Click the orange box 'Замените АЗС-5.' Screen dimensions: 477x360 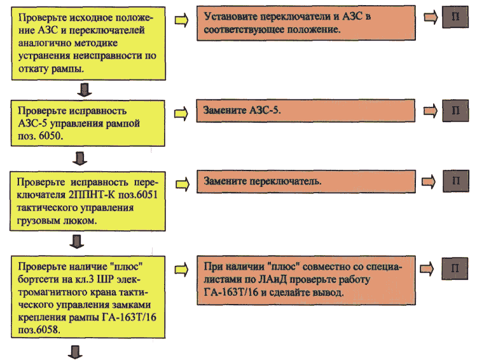(x=305, y=111)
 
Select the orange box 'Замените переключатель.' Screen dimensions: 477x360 (x=306, y=182)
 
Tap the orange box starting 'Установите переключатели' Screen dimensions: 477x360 (x=306, y=23)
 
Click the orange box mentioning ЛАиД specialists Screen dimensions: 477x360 (x=306, y=280)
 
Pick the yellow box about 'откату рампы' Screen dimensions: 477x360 (x=88, y=43)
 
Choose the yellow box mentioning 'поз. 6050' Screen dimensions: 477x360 (x=88, y=123)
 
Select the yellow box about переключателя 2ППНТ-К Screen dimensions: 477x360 (x=88, y=201)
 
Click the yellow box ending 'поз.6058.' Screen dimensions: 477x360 (x=88, y=296)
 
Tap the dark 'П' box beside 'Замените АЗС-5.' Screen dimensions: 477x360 (x=455, y=111)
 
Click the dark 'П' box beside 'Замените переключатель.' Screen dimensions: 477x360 (x=456, y=181)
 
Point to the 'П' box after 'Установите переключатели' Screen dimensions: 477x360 (x=455, y=17)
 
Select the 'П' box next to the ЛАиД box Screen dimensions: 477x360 (x=455, y=268)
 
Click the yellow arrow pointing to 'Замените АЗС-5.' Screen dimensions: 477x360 (x=181, y=114)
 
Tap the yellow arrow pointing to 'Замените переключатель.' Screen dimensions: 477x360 (x=183, y=184)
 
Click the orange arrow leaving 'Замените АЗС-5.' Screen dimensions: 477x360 (x=431, y=111)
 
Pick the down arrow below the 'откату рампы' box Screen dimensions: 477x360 (x=84, y=90)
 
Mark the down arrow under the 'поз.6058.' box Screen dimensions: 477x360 (x=75, y=352)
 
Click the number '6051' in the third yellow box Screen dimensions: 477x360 (x=148, y=195)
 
